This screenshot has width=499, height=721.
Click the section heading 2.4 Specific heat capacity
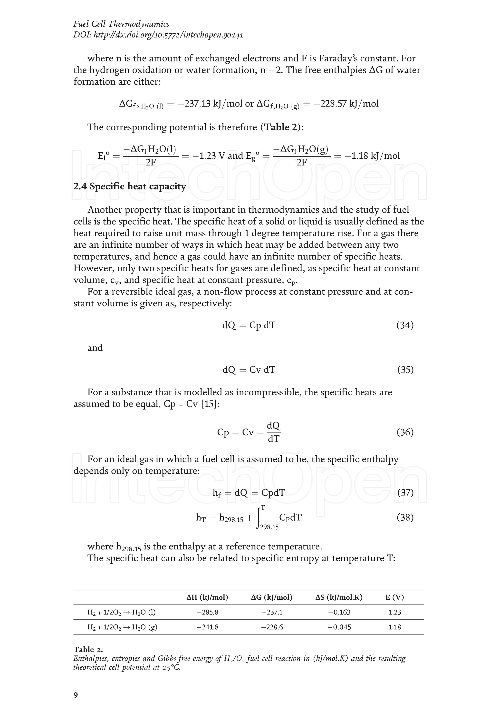click(130, 186)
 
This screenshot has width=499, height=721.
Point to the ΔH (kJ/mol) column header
click(207, 597)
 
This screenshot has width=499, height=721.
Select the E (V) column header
click(394, 597)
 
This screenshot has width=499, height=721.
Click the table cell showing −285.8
click(207, 613)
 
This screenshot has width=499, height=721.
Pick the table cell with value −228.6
click(272, 627)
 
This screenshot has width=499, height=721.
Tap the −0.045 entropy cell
click(339, 627)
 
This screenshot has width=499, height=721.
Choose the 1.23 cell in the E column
click(394, 613)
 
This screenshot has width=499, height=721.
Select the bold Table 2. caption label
click(88, 650)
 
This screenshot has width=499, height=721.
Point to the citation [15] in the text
click(210, 404)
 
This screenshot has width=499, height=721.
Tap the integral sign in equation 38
click(259, 518)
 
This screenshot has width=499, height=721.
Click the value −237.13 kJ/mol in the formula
click(210, 104)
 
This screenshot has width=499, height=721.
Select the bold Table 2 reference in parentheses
click(281, 127)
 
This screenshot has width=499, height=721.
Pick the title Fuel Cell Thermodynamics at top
click(121, 24)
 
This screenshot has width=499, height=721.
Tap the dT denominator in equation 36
click(274, 439)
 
